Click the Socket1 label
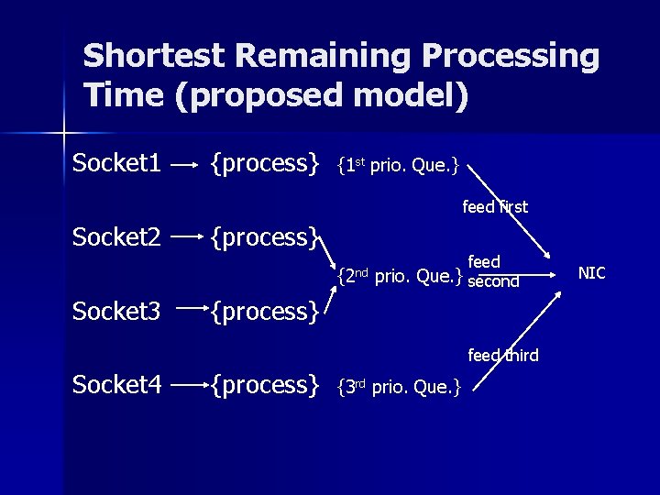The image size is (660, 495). (x=117, y=163)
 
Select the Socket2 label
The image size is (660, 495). (x=117, y=236)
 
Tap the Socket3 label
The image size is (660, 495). (x=117, y=311)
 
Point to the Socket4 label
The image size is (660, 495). (x=117, y=384)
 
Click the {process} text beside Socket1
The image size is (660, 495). (x=265, y=164)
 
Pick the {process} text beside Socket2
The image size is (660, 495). (x=265, y=238)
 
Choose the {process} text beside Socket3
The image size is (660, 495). (x=265, y=313)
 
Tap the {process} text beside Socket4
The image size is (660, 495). (x=265, y=385)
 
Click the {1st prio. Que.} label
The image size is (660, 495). (x=398, y=167)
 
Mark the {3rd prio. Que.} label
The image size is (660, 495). (x=398, y=387)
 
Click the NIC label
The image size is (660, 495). (x=591, y=273)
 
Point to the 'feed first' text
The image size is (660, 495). (x=495, y=207)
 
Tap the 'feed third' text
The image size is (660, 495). (x=502, y=355)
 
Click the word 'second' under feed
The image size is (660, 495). (x=493, y=282)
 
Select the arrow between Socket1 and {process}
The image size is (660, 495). (x=186, y=166)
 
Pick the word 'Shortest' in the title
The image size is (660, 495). (x=153, y=57)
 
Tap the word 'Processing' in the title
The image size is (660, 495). (x=511, y=57)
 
